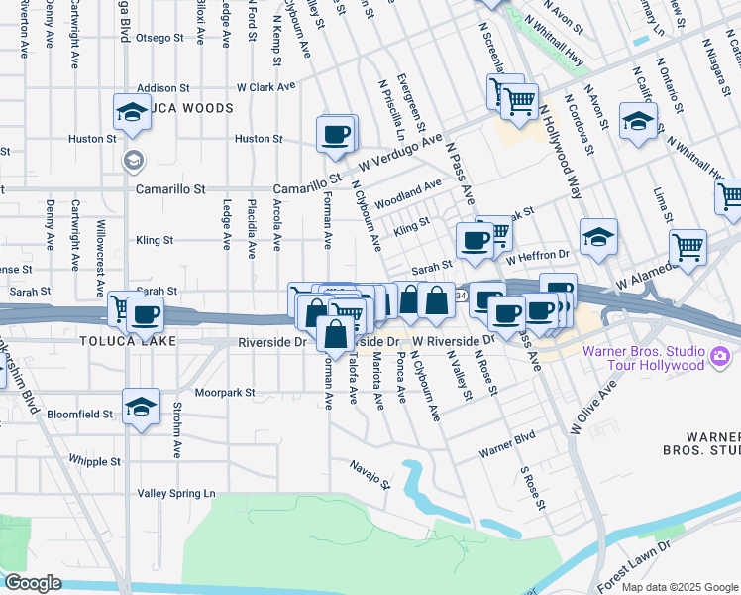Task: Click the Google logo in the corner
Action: (x=33, y=583)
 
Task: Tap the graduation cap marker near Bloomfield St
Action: (x=142, y=406)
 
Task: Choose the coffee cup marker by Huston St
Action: (x=335, y=133)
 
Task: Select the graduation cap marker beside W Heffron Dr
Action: (x=597, y=237)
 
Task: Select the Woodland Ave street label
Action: (x=408, y=191)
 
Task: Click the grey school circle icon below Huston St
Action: (x=131, y=160)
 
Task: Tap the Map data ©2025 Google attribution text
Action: (x=680, y=587)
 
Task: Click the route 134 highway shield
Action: (x=462, y=296)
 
